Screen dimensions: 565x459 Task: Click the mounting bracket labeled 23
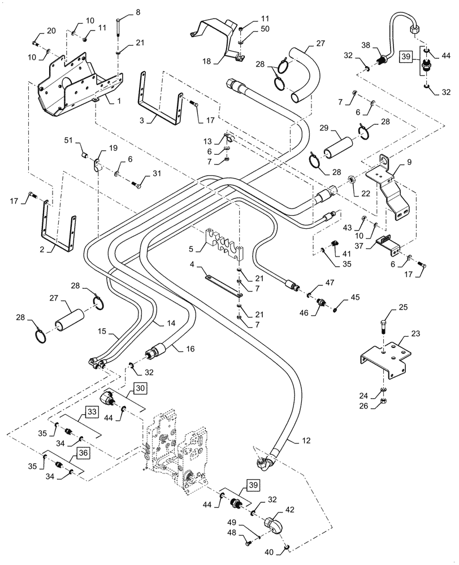pos(384,356)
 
